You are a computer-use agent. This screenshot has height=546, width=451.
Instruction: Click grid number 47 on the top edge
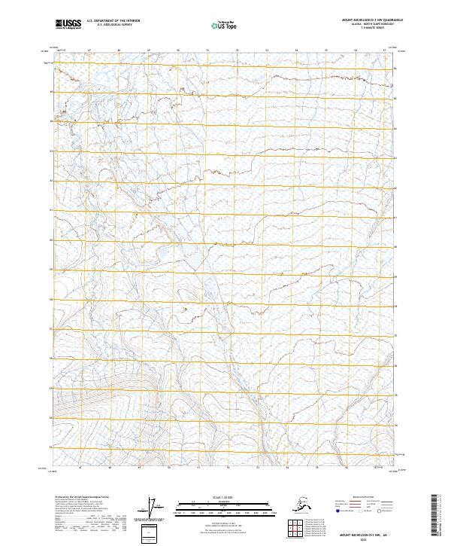pos(89,50)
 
